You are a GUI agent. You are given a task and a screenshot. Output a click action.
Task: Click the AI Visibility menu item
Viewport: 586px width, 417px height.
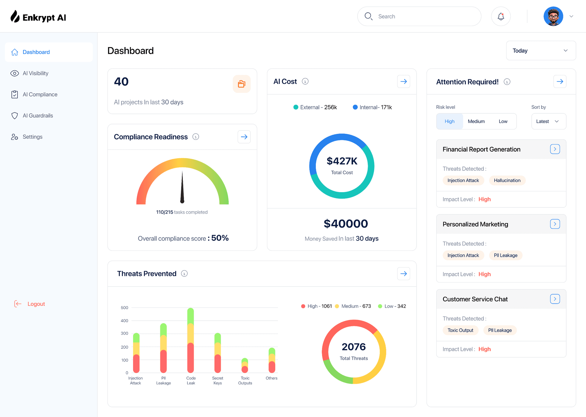[x=35, y=73]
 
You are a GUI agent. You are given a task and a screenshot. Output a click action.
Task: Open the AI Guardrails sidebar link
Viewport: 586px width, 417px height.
[x=38, y=116]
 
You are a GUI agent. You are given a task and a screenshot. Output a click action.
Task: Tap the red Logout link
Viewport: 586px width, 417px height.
[x=36, y=304]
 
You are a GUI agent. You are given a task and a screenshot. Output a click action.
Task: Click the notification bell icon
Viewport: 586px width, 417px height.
[x=501, y=16]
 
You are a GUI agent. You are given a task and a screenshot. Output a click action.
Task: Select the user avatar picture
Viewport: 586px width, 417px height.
[x=553, y=16]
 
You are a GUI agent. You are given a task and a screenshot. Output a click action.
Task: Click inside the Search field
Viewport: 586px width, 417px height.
[x=424, y=16]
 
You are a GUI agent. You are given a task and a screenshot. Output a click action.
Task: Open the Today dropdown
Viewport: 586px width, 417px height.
[x=541, y=51]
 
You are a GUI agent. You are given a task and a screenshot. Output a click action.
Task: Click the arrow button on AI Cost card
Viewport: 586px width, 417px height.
[x=403, y=82]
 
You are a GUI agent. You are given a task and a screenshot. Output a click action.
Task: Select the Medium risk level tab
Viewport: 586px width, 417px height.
[x=476, y=122]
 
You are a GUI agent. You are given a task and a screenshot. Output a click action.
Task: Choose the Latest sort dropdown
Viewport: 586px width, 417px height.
[x=548, y=122]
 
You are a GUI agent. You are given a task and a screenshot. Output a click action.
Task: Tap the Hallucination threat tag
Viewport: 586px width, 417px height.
[x=507, y=181]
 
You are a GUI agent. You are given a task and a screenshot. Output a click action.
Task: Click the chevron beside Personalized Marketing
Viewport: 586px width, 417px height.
[x=555, y=224]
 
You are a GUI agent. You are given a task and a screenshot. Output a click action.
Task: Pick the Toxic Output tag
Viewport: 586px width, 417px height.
[x=460, y=330]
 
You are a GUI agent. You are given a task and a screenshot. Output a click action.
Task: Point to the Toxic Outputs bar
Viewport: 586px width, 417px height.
[x=245, y=366]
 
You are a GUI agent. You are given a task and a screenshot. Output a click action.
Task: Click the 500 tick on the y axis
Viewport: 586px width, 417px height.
[x=125, y=308]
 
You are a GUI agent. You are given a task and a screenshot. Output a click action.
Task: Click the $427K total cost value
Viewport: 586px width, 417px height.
[x=342, y=161]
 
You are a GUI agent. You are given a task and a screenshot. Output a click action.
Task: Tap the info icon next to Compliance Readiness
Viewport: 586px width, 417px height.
[x=196, y=137]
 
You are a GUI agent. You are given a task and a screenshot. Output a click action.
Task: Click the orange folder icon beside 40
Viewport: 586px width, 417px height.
[x=241, y=84]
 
